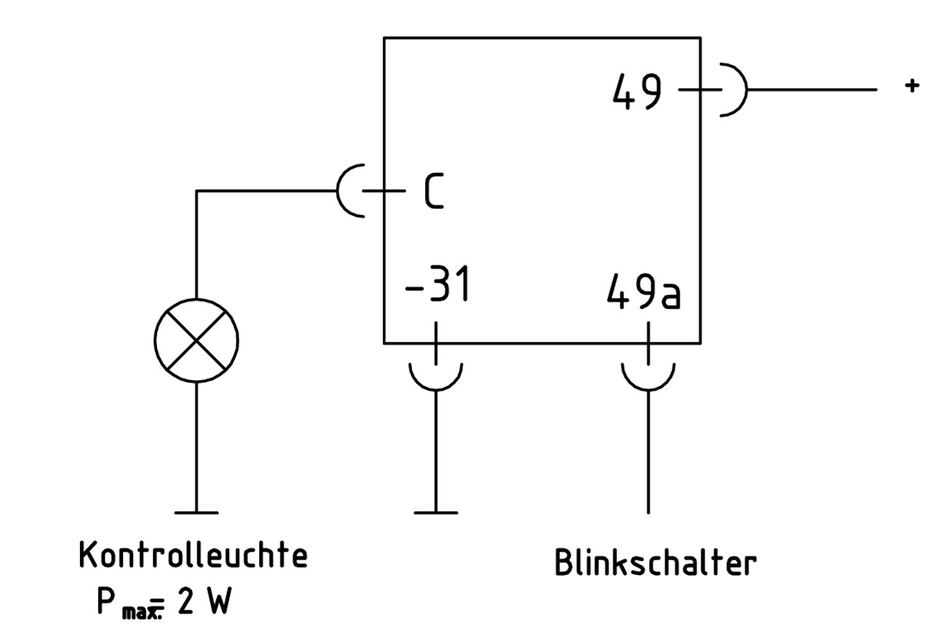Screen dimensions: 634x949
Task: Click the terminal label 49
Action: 638,93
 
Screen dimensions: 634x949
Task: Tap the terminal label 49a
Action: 644,292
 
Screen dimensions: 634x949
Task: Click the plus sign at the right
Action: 911,86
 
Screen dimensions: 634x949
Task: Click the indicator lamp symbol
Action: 196,340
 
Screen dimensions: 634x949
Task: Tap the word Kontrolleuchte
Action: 193,555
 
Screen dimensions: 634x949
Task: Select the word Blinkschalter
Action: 655,563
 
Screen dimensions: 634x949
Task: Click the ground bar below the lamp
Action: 196,513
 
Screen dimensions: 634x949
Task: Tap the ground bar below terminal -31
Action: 436,513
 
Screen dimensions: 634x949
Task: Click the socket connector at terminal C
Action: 352,191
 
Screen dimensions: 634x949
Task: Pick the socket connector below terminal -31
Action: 436,376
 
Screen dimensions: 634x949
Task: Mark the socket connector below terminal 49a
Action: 648,376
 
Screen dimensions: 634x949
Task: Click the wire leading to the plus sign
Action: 811,90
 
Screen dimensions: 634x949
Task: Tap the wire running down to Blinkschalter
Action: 648,451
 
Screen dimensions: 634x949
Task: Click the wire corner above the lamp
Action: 196,192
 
